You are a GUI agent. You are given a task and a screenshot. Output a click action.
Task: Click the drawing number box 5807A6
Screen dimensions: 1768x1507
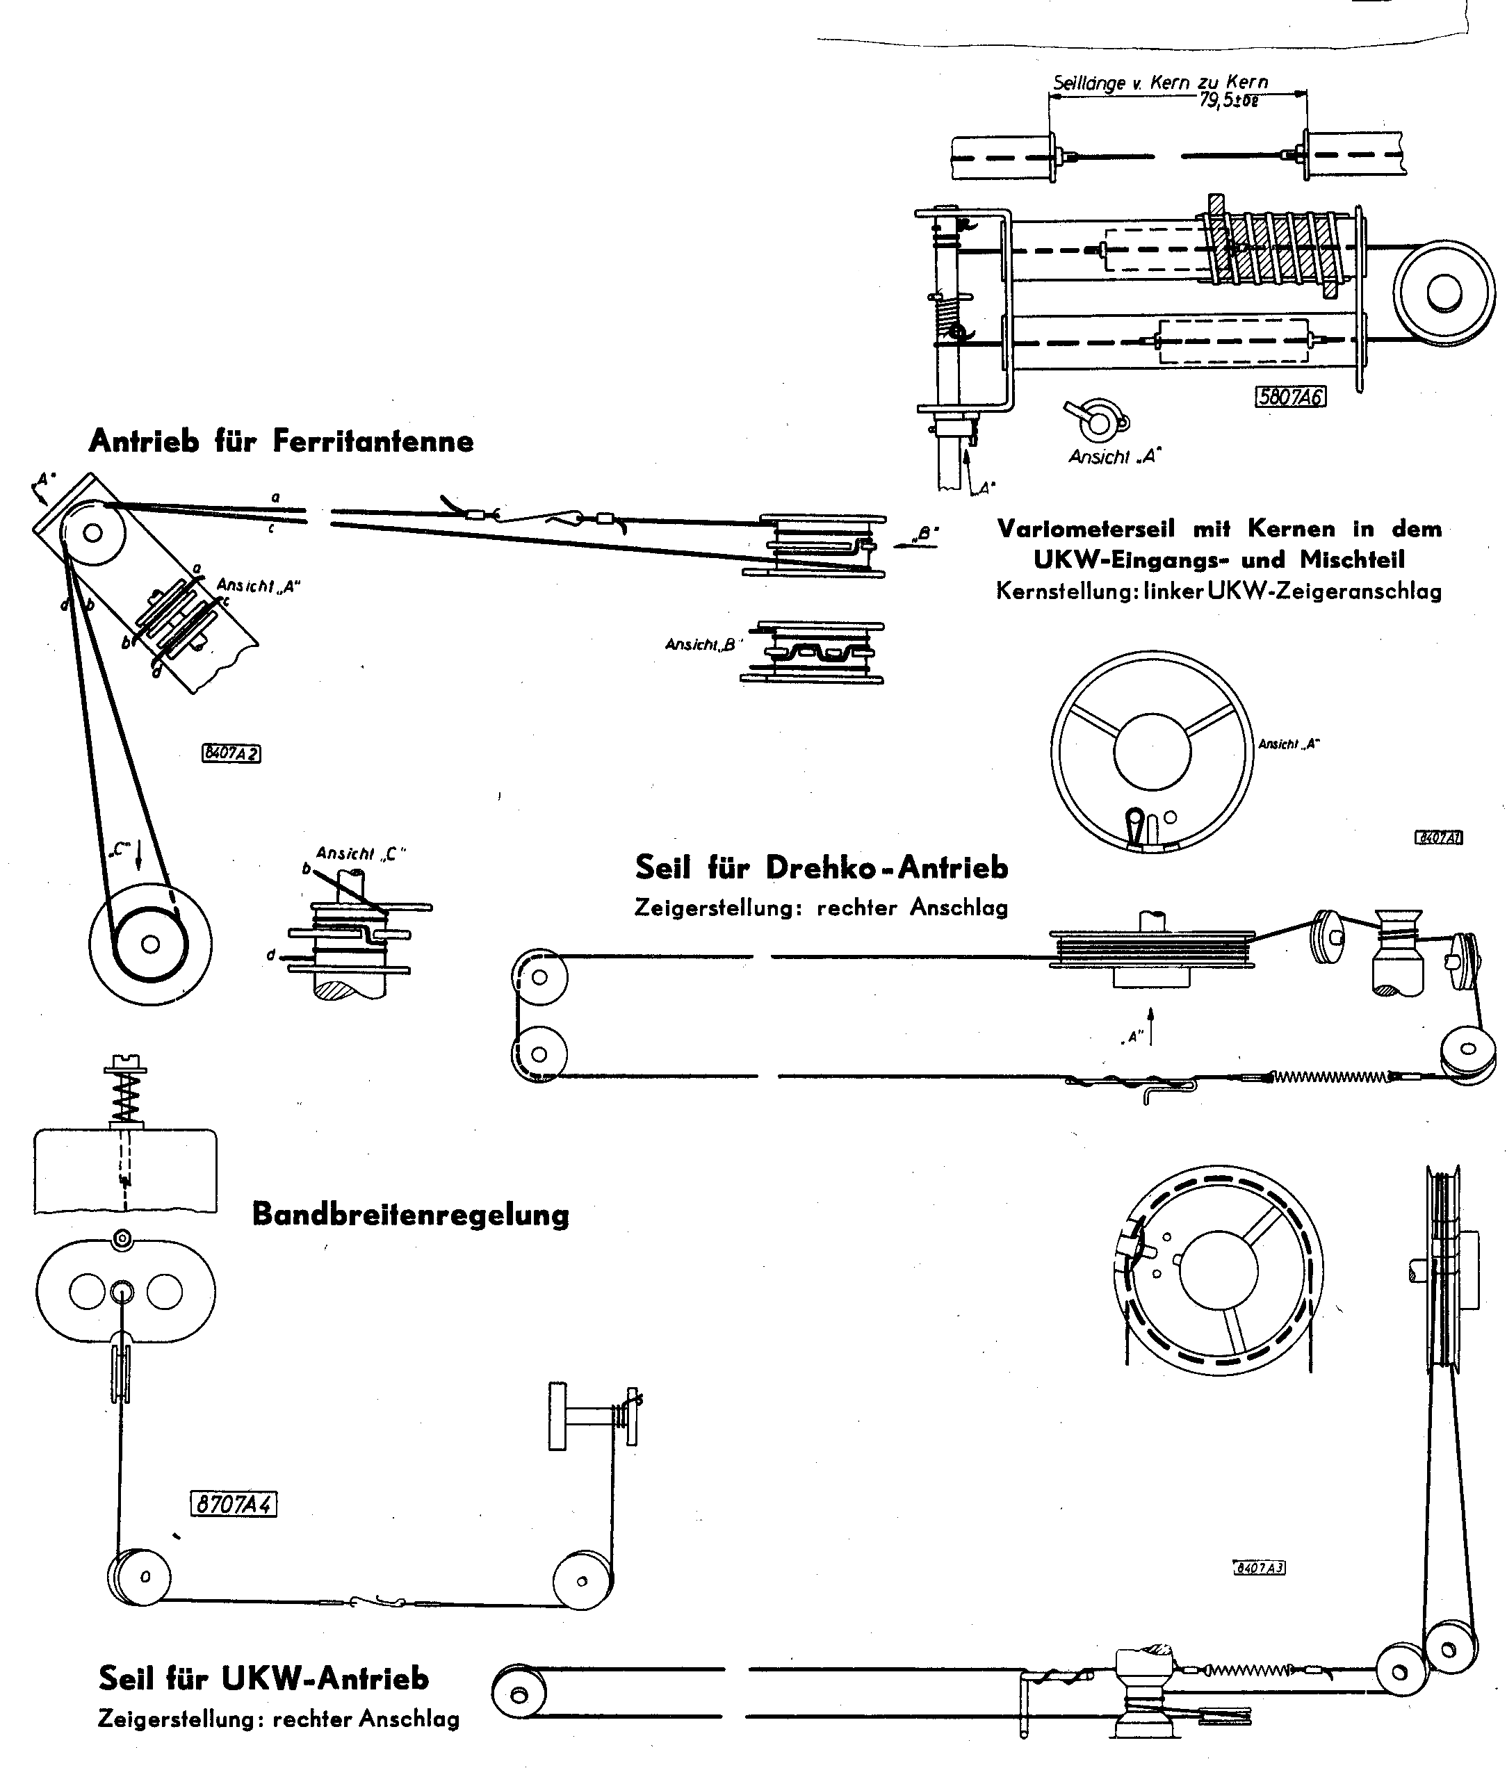tap(1289, 397)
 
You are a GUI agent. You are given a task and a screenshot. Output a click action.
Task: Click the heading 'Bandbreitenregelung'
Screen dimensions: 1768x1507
tap(410, 1214)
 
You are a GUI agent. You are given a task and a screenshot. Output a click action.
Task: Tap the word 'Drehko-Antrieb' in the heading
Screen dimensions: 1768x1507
tap(887, 868)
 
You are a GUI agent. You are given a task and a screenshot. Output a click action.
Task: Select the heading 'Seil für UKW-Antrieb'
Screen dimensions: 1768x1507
tap(263, 1678)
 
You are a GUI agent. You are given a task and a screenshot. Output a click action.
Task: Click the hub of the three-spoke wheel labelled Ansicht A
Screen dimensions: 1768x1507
tap(1152, 751)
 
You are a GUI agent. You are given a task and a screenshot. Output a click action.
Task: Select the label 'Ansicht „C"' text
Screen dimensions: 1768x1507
tap(361, 853)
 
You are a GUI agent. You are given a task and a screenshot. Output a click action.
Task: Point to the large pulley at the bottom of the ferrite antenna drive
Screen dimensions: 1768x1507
tap(150, 944)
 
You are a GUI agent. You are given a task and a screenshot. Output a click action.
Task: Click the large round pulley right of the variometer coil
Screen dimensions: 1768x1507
tap(1444, 293)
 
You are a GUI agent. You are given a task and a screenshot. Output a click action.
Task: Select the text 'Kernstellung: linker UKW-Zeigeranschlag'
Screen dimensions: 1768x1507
tap(1219, 591)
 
